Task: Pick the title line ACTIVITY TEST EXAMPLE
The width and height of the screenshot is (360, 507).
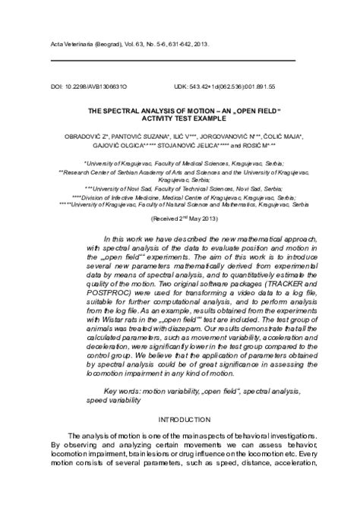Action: tap(179, 118)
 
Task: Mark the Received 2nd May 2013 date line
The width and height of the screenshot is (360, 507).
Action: tap(180, 218)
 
